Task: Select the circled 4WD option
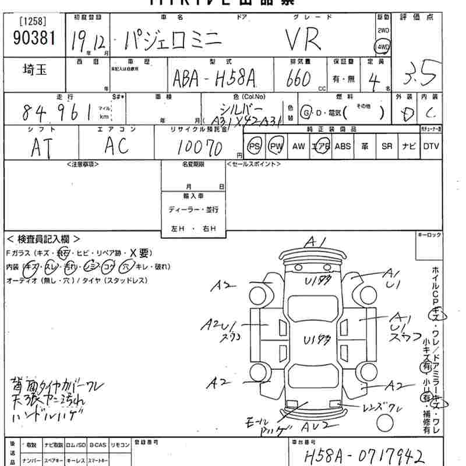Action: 383,47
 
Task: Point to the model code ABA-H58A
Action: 214,79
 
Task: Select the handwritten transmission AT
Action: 43,147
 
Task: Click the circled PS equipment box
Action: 255,146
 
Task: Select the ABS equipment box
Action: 343,146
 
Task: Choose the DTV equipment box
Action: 431,146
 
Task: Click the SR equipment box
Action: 387,146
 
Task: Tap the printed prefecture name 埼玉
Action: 34,69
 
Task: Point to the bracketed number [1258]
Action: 33,22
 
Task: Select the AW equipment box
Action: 298,146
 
